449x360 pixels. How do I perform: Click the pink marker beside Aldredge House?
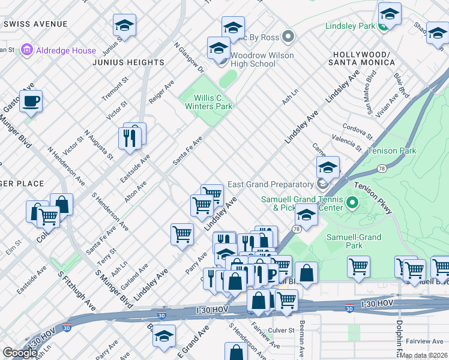click(26, 50)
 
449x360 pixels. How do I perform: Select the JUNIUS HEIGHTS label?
click(128, 62)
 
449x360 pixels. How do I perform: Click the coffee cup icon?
click(31, 101)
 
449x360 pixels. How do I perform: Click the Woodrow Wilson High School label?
click(246, 59)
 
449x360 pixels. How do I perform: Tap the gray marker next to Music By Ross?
click(288, 37)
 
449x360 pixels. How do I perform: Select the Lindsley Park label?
click(349, 26)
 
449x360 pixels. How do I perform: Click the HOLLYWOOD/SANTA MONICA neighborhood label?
click(361, 58)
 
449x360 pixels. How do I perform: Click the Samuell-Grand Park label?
click(354, 241)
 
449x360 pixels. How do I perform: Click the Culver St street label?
click(282, 330)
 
